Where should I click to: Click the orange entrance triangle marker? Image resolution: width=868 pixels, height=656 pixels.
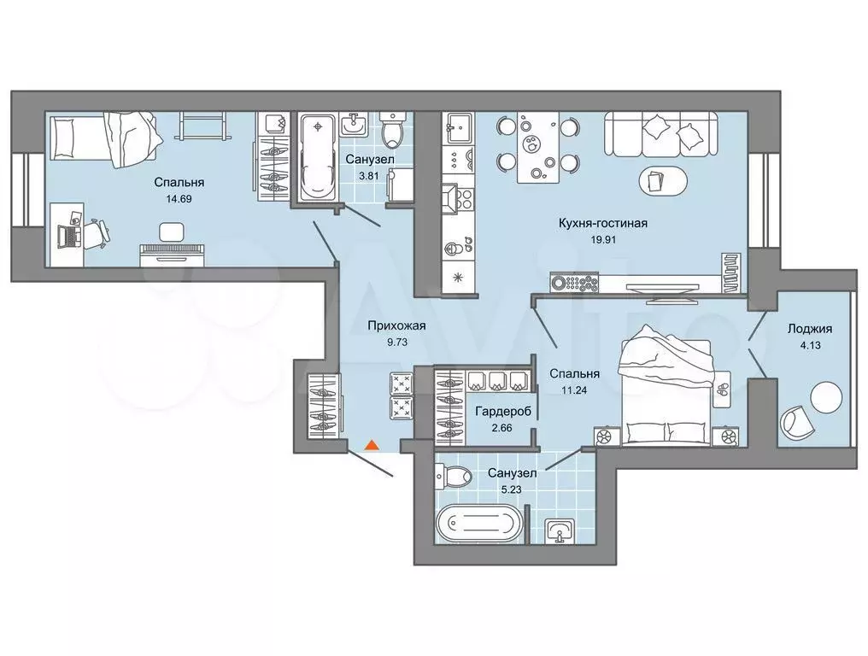click(x=372, y=444)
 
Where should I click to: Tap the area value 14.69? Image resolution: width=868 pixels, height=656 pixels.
click(x=179, y=199)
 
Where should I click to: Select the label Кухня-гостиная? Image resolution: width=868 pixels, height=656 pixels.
click(x=603, y=224)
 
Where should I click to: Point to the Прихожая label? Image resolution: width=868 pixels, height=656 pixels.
click(x=397, y=326)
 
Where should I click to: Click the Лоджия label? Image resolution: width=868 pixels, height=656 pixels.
click(x=810, y=329)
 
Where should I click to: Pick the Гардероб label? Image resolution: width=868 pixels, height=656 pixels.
click(x=503, y=412)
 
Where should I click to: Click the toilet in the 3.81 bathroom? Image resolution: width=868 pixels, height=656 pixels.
click(x=392, y=129)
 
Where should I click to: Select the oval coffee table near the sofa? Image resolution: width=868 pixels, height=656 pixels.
click(x=665, y=180)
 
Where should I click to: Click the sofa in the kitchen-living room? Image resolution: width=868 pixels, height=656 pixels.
click(x=661, y=134)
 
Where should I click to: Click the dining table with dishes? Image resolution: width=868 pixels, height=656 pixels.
click(x=537, y=147)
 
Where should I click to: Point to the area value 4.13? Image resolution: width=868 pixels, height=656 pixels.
click(x=810, y=345)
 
